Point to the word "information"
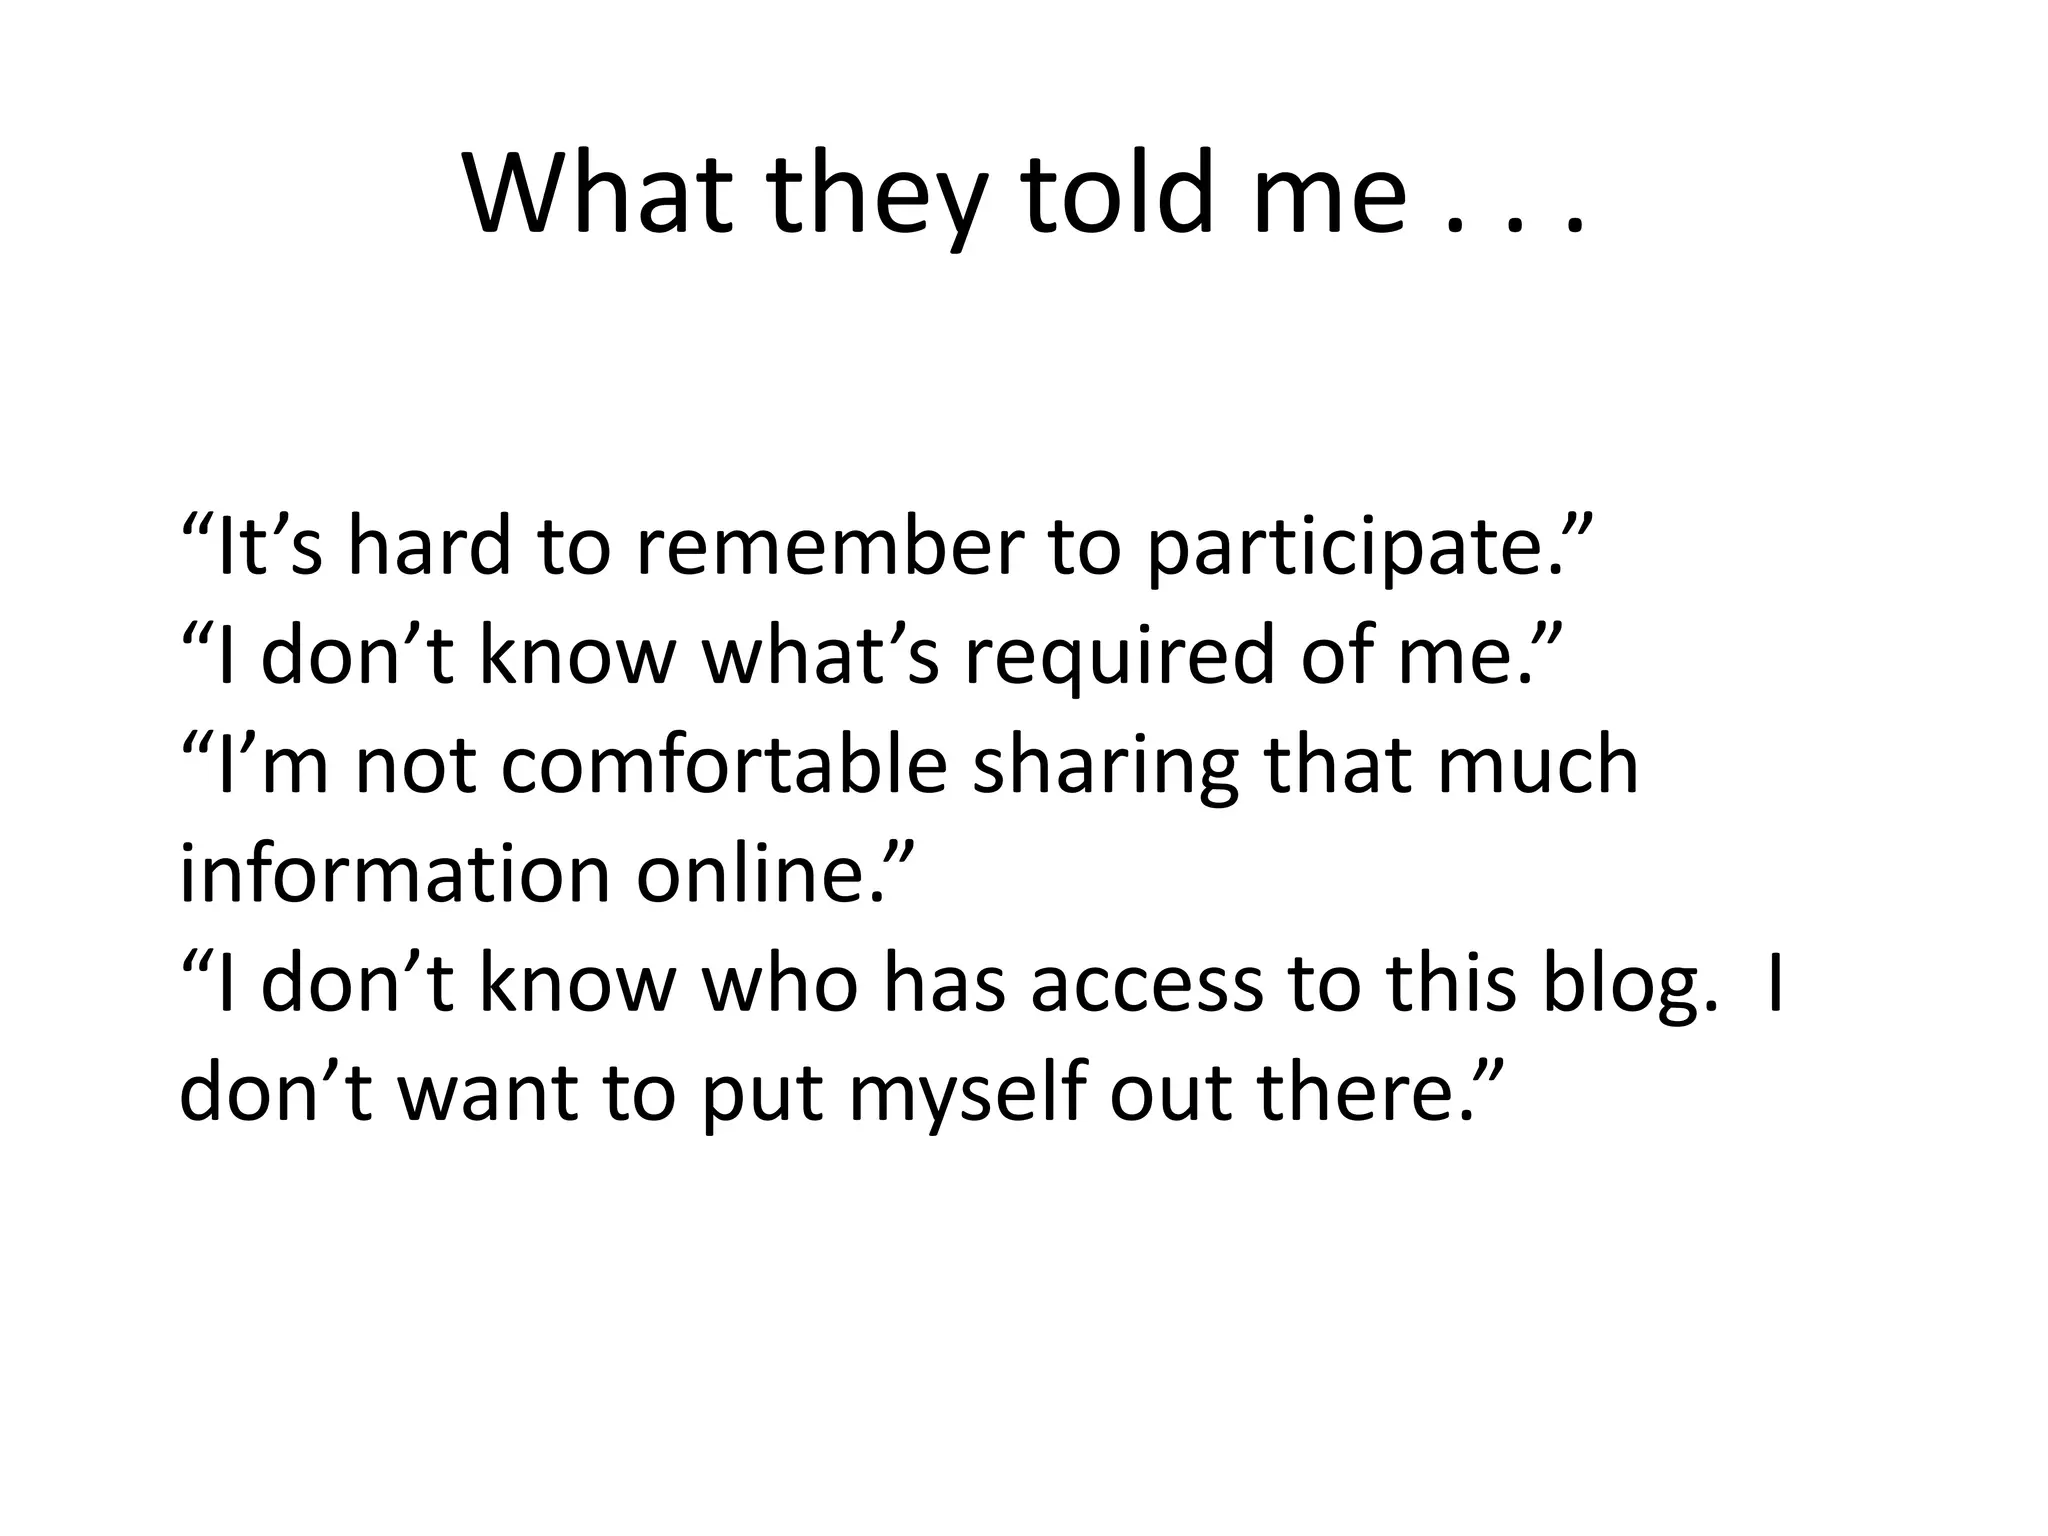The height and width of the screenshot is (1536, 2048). coord(395,874)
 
